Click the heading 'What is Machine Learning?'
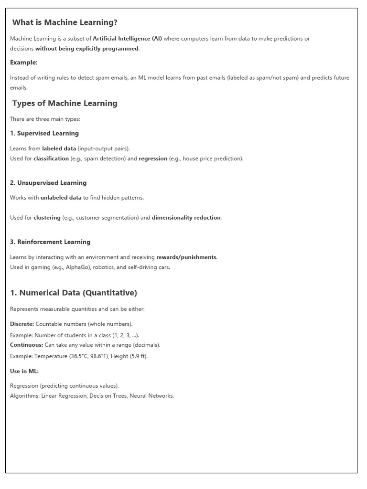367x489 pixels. tap(65, 22)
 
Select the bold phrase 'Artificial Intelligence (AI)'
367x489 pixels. tap(127, 39)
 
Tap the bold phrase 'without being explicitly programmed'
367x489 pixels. tap(87, 48)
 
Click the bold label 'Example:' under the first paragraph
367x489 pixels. tap(23, 63)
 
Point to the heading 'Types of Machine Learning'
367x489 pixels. tap(65, 103)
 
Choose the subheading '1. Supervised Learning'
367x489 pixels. tap(44, 133)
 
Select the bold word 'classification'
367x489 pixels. tap(51, 159)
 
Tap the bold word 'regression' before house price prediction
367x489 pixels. tap(153, 159)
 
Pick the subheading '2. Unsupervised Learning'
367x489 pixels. tap(48, 183)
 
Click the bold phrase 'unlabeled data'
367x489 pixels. tap(61, 198)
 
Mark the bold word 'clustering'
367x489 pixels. tap(47, 218)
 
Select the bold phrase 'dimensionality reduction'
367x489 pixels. tap(186, 218)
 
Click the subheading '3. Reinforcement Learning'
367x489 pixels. tap(50, 242)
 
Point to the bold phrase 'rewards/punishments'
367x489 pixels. tap(186, 257)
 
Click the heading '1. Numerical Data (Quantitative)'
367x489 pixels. tap(74, 293)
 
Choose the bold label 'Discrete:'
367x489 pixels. tap(22, 324)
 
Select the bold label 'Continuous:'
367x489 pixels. tap(26, 345)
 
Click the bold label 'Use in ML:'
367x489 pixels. tap(24, 371)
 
